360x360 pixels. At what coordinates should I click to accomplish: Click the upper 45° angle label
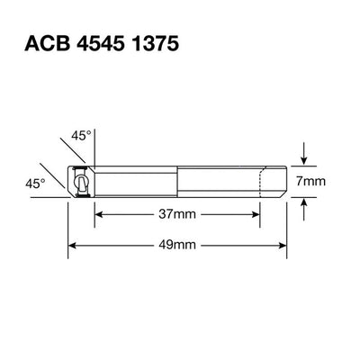[82, 136]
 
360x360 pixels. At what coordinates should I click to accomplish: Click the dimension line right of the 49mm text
[243, 245]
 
